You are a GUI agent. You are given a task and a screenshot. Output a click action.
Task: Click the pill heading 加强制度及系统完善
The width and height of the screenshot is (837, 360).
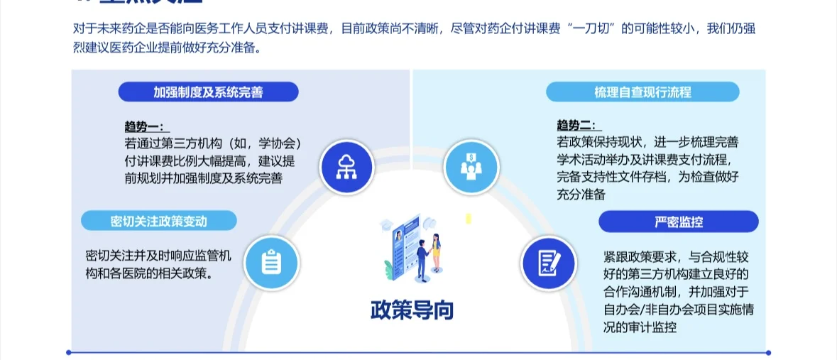click(x=208, y=92)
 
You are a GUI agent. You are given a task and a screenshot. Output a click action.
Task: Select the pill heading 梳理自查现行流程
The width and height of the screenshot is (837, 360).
click(x=642, y=92)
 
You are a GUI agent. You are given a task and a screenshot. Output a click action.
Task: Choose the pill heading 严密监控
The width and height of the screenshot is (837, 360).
click(x=678, y=222)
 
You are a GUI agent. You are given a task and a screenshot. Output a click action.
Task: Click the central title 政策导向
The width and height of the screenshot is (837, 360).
click(x=411, y=310)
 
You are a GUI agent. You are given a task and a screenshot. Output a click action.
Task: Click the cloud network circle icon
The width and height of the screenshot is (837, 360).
click(x=346, y=166)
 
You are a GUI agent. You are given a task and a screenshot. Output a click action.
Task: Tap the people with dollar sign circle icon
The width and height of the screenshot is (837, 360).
click(x=471, y=166)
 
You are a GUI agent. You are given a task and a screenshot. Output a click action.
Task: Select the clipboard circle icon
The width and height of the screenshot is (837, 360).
click(x=271, y=263)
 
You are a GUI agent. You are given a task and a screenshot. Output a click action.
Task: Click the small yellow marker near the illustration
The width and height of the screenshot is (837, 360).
click(x=469, y=219)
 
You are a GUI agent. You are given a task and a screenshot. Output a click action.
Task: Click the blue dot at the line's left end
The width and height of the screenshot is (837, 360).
click(x=69, y=352)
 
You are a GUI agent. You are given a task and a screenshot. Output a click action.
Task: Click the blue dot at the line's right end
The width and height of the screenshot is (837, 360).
click(x=768, y=352)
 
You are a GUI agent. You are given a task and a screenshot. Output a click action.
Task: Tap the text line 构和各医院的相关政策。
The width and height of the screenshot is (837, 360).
click(x=149, y=273)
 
